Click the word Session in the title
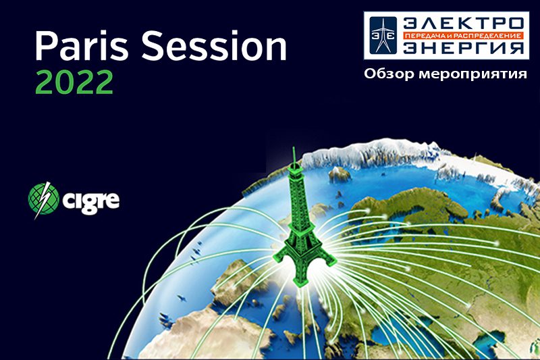point(214,45)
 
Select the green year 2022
point(74,82)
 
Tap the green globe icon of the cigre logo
point(44,199)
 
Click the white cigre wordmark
point(91,200)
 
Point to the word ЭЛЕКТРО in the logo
point(463,24)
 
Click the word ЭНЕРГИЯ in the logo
point(463,48)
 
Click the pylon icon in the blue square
point(383,36)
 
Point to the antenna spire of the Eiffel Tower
point(294,156)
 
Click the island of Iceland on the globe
point(340,174)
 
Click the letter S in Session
point(153,45)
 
